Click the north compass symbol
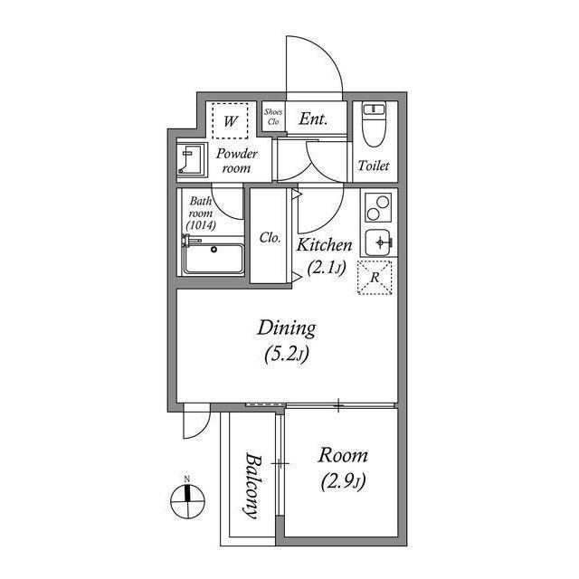[x=186, y=496]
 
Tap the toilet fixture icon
[x=374, y=127]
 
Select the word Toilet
[x=374, y=166]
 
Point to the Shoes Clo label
[x=273, y=117]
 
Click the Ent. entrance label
[x=313, y=119]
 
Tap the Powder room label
[x=236, y=161]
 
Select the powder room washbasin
[x=191, y=160]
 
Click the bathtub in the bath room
[x=214, y=260]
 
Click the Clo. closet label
[x=270, y=238]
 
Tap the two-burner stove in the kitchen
[x=377, y=210]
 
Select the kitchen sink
[x=377, y=242]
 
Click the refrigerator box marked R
[x=375, y=277]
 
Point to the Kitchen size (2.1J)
[x=326, y=267]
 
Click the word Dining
[x=286, y=327]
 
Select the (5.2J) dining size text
[x=286, y=355]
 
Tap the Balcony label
[x=251, y=485]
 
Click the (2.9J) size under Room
[x=343, y=480]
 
